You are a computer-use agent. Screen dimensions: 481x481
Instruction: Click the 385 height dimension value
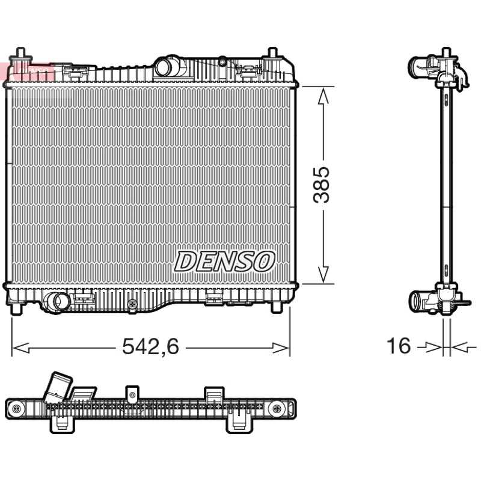(321, 185)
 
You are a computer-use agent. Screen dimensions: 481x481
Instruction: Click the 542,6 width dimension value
(150, 346)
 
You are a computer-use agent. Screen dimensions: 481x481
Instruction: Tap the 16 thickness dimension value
(399, 346)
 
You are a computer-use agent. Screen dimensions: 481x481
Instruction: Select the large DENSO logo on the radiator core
(224, 262)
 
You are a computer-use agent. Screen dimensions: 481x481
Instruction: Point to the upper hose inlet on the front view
(164, 67)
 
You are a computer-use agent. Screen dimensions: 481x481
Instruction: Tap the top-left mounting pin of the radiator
(20, 55)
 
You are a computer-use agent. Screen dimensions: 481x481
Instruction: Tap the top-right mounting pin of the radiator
(272, 55)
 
